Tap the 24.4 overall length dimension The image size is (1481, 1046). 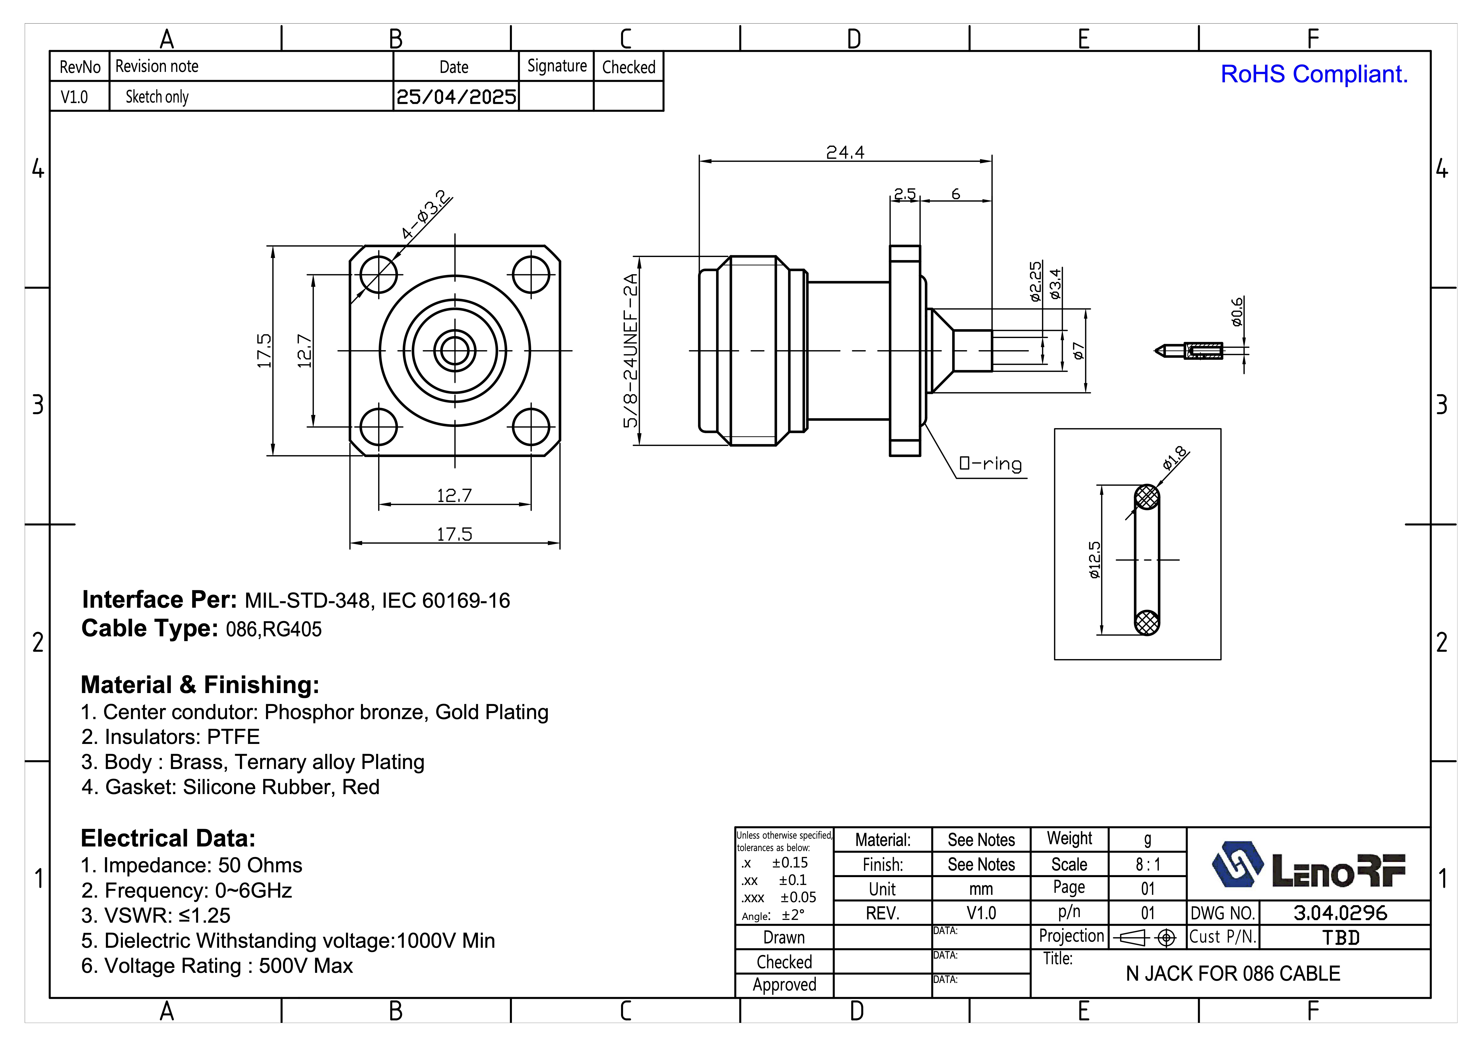[x=845, y=152]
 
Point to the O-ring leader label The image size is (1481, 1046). [x=990, y=464]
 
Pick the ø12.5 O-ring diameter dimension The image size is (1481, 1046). [x=1095, y=559]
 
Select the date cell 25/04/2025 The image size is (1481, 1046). [x=456, y=97]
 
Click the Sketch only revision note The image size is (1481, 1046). [x=157, y=97]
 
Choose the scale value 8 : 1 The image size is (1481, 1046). [x=1147, y=864]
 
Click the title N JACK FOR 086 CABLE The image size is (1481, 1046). [x=1233, y=973]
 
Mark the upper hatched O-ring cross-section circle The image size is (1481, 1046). [x=1147, y=497]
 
